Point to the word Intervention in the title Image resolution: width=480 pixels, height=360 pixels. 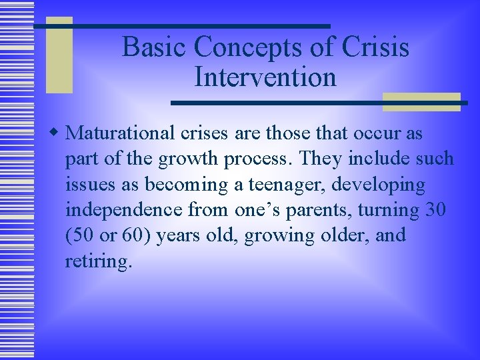(265, 77)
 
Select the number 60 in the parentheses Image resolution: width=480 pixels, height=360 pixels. (139, 236)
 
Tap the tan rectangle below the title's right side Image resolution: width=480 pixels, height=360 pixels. (421, 102)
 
